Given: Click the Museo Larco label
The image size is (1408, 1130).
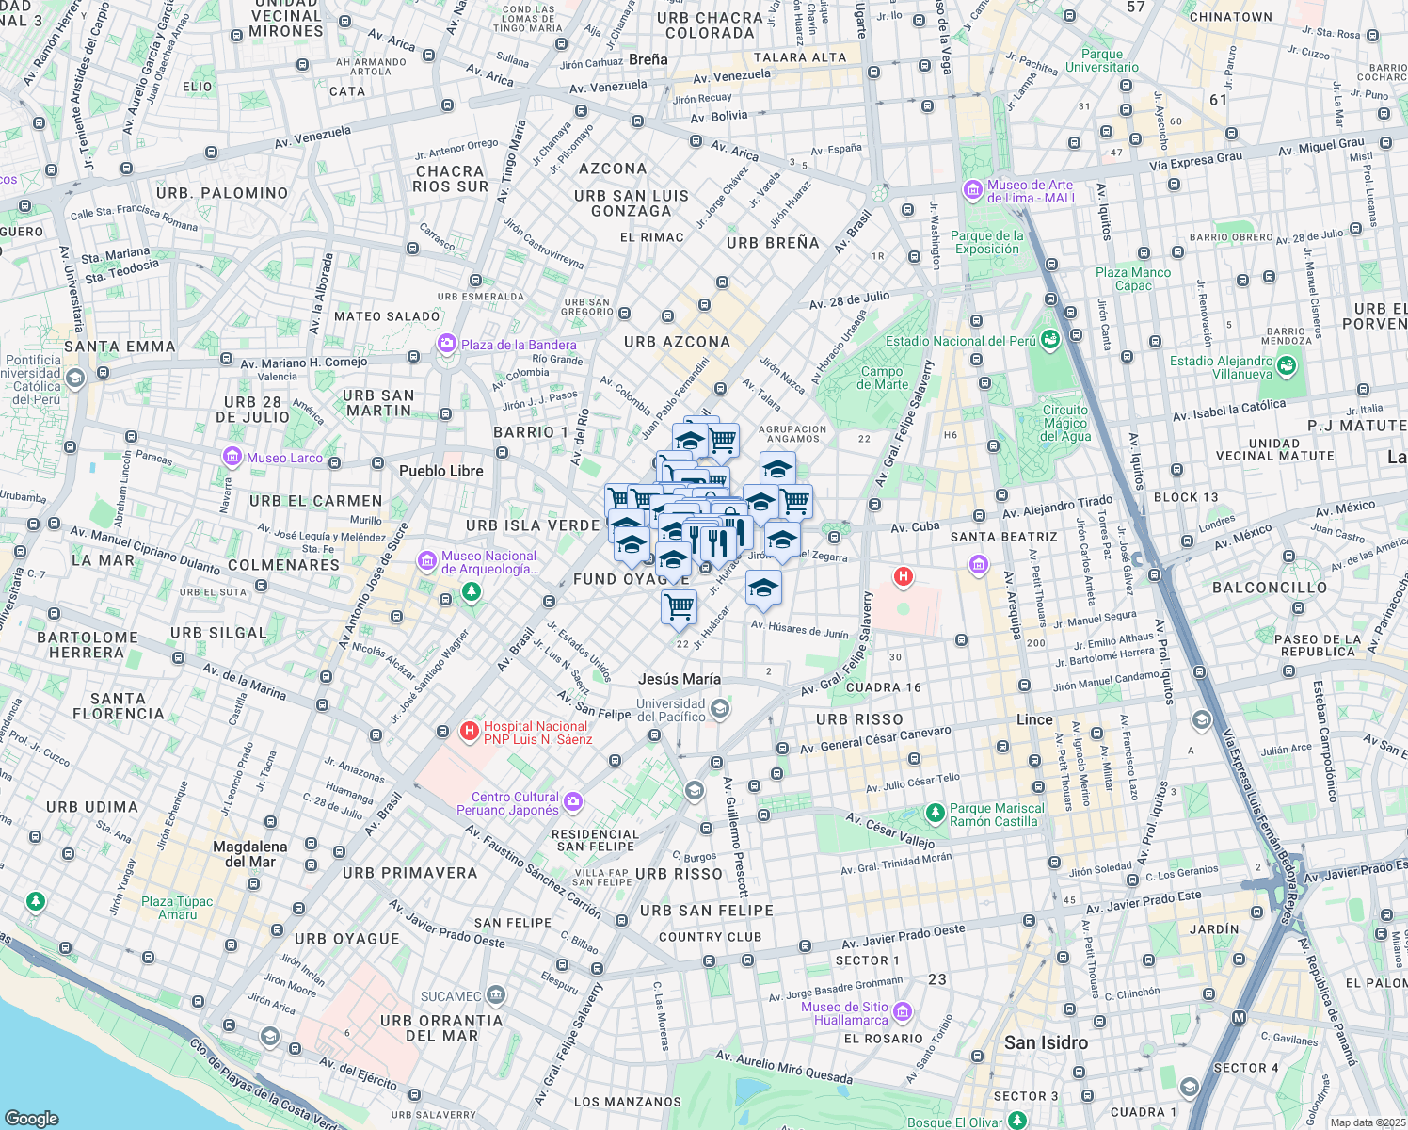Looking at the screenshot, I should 284,459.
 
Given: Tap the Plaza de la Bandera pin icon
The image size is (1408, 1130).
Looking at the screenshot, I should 447,345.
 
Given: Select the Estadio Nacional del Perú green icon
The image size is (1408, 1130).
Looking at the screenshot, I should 1050,341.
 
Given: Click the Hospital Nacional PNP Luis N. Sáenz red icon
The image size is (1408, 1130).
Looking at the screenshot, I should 469,732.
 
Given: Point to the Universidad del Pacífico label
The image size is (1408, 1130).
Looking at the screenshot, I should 670,710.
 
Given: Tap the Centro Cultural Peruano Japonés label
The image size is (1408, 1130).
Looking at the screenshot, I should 508,803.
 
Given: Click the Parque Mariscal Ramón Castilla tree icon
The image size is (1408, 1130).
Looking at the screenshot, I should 935,812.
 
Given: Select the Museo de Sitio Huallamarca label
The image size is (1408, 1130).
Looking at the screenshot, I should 844,1013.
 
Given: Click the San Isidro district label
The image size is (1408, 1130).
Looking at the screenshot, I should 1046,1042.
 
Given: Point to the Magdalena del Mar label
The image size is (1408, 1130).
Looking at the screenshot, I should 249,854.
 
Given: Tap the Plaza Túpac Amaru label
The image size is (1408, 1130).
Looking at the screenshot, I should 177,908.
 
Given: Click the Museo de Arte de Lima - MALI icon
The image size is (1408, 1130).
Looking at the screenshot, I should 973,190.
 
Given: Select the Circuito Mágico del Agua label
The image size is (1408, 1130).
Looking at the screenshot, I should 1065,423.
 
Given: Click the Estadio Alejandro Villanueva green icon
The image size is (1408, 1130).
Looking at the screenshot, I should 1288,364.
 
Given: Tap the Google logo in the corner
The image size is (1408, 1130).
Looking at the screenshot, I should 31,1118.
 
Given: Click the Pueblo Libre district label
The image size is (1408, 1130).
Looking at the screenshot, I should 440,471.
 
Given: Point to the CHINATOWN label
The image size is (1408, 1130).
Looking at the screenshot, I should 1230,17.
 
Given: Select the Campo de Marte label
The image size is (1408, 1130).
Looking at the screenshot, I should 883,378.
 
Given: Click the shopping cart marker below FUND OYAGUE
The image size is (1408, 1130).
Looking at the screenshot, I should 679,605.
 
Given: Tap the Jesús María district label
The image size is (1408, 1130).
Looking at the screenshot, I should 679,679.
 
